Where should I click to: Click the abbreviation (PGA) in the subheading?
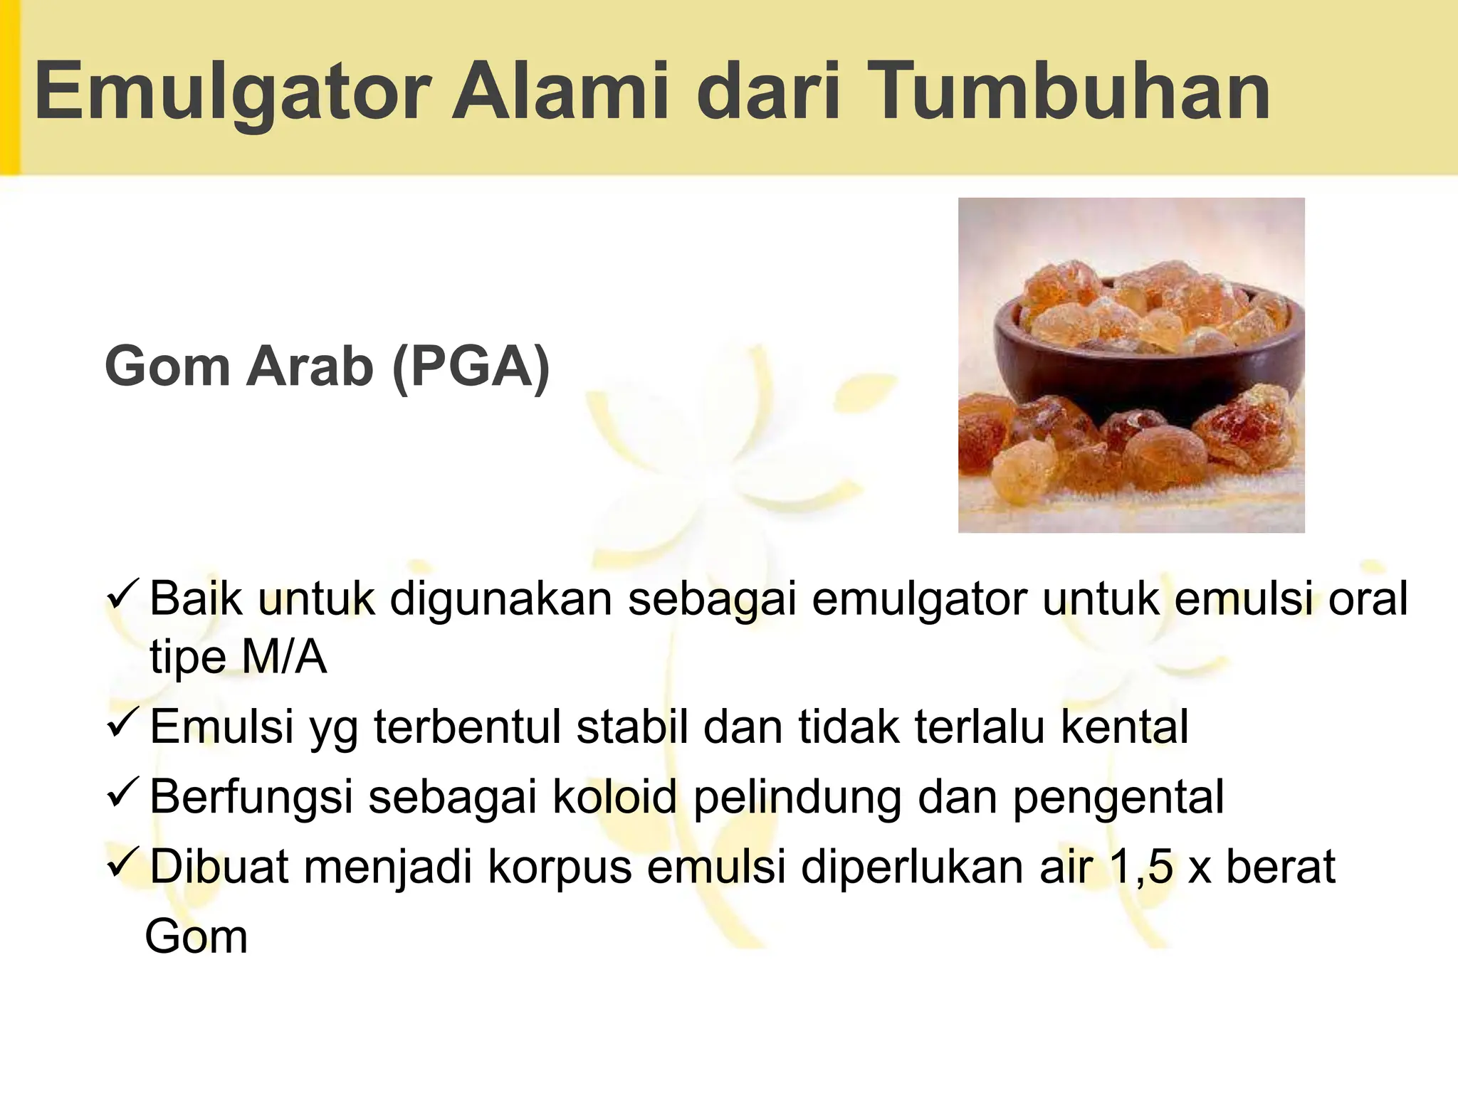point(471,366)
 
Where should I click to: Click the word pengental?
point(1118,798)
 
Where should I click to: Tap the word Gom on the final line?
point(196,936)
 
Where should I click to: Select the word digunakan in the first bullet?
point(500,599)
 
